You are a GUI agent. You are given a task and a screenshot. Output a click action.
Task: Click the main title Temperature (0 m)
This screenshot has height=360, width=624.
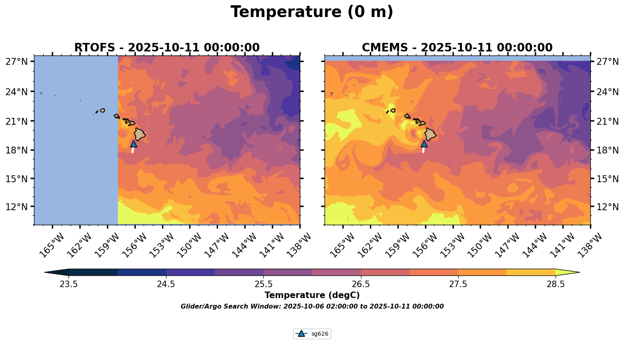312,12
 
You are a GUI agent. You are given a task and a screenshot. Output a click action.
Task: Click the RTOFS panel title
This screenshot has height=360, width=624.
167,48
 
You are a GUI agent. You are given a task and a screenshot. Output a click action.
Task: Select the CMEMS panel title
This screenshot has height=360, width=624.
457,48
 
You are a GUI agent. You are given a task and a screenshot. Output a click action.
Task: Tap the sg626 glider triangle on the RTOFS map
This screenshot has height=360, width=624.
134,144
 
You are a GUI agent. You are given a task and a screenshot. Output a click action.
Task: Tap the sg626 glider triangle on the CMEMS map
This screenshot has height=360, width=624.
424,144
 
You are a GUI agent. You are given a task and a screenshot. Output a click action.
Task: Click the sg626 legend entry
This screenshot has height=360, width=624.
312,334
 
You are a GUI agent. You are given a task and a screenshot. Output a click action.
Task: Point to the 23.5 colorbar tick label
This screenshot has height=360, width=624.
68,284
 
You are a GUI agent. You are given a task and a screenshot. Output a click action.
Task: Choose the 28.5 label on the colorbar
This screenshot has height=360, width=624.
556,284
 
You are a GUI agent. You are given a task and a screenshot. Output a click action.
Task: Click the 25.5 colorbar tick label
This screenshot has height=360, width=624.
263,284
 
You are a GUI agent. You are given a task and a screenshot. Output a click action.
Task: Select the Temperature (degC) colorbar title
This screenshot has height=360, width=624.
312,296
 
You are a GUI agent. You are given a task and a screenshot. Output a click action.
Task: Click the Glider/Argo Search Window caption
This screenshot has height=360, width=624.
312,307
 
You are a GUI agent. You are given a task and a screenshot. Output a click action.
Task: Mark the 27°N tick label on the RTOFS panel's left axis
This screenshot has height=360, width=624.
16,62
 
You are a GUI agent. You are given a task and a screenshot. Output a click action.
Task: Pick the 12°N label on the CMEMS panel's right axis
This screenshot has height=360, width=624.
608,207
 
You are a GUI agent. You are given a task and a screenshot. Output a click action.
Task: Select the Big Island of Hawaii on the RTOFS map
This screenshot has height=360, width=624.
140,134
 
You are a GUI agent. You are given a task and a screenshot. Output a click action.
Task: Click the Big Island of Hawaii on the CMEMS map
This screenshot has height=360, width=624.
430,134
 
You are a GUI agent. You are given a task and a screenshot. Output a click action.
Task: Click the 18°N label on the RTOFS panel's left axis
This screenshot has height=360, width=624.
16,150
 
